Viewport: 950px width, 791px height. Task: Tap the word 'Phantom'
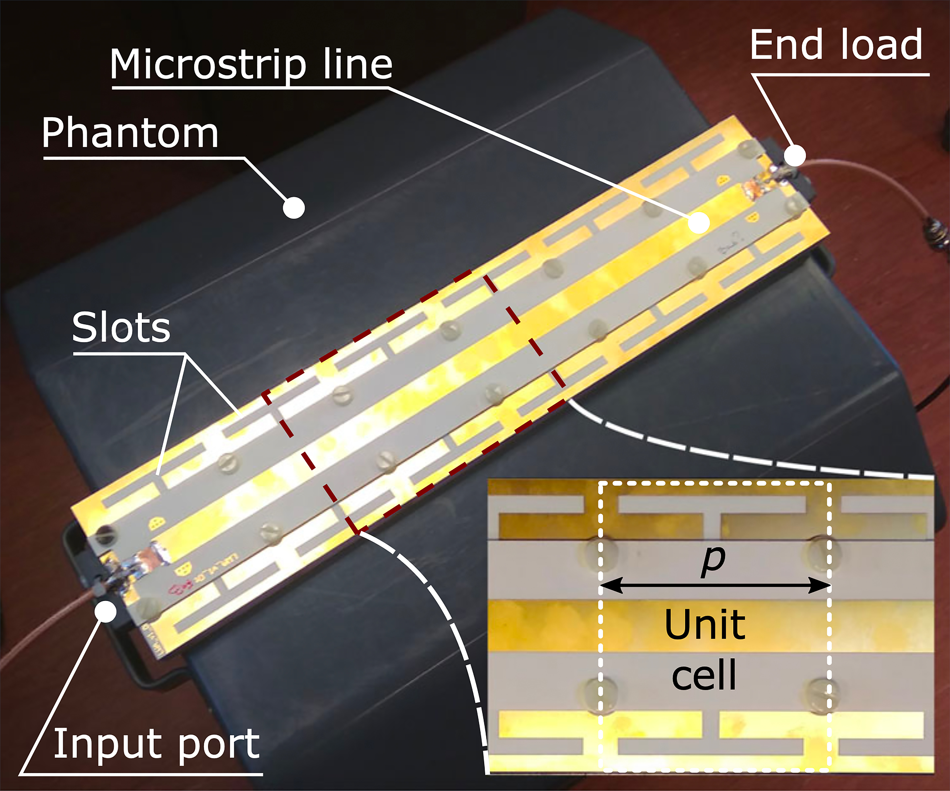pos(130,134)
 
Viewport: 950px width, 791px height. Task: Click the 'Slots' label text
pos(121,327)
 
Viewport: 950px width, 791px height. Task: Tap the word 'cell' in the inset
pos(704,675)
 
